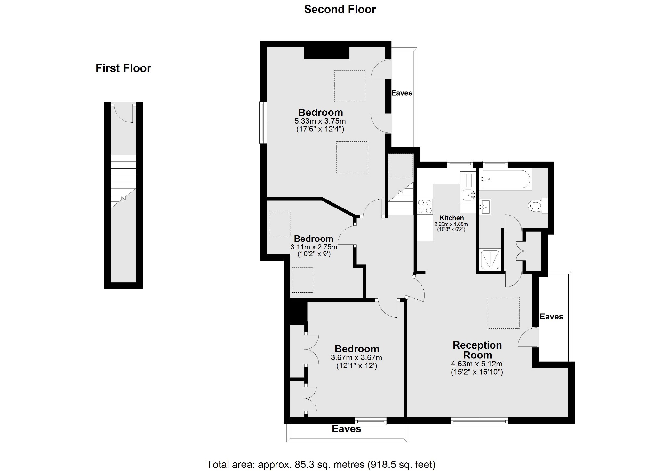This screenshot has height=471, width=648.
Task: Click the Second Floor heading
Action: tap(340, 10)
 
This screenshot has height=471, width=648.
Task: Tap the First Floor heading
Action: tap(123, 68)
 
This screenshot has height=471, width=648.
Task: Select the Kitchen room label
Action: tap(452, 218)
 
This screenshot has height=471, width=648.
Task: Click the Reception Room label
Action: tap(477, 350)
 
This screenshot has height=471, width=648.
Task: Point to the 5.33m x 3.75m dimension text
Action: tap(320, 122)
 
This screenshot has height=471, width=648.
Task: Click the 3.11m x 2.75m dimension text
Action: tap(314, 247)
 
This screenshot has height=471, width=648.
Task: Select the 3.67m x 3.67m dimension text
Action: tap(356, 358)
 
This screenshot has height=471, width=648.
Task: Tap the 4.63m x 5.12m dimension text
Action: tap(477, 364)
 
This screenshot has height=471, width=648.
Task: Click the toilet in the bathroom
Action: tap(538, 205)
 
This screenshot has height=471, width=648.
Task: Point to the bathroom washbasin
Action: tap(485, 207)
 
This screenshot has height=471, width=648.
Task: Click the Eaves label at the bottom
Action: tap(346, 429)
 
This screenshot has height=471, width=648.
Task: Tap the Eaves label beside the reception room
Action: tap(551, 317)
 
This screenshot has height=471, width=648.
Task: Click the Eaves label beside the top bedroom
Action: tap(402, 93)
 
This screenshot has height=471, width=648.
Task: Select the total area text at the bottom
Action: tap(321, 464)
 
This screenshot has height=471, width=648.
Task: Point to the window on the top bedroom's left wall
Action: tap(263, 122)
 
